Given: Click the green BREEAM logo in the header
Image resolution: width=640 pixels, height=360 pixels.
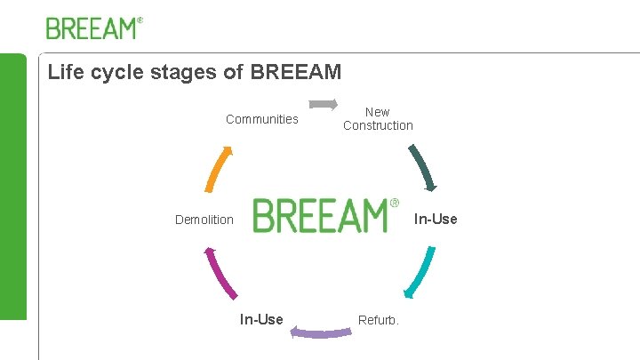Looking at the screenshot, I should [x=92, y=28].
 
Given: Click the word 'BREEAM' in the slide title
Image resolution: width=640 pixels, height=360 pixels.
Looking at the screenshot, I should [x=296, y=72].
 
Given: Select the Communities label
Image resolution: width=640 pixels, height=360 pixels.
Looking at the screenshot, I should [x=262, y=119].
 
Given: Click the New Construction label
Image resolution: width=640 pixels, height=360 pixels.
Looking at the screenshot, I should [x=378, y=119].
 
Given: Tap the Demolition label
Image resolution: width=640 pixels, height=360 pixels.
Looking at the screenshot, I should [x=204, y=220].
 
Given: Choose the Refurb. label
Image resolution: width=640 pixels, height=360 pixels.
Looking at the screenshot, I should [x=379, y=320].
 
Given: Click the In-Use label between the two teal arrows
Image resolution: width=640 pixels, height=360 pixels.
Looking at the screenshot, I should [x=436, y=219].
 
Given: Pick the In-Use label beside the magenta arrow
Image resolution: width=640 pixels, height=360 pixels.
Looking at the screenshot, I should [x=261, y=320].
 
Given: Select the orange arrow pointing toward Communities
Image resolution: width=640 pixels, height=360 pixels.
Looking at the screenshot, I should [x=220, y=168].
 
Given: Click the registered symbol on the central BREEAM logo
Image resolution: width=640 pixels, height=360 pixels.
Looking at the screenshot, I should [x=395, y=204].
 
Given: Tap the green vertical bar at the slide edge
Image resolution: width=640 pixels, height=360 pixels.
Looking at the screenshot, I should [x=12, y=187].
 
